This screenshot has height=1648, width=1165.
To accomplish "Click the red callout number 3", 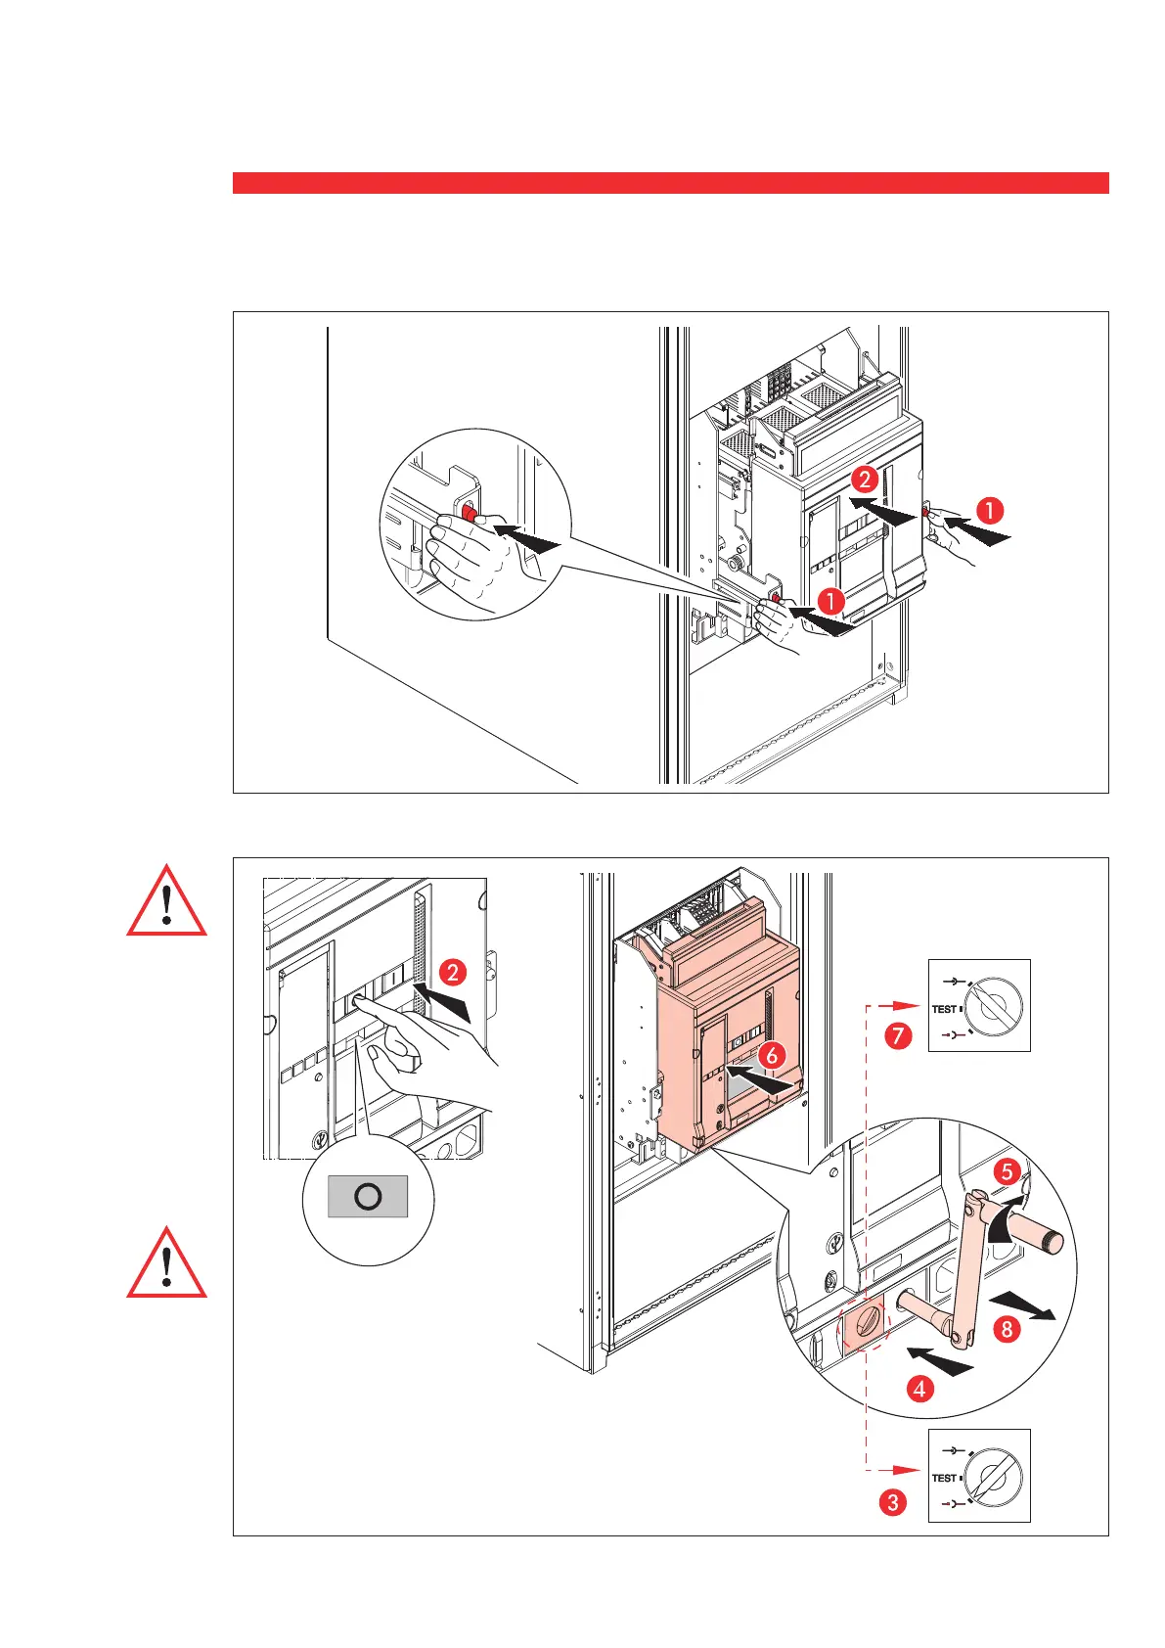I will pos(892,1501).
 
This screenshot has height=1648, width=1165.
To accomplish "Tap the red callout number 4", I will pos(918,1388).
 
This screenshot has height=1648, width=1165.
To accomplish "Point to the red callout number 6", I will pos(771,1056).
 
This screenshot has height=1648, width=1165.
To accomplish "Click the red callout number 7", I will pos(898,1036).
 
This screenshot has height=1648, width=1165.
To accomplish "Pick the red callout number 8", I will pos(1007,1327).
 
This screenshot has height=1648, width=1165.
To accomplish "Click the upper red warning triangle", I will pos(167,903).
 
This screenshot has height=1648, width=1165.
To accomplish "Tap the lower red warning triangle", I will pos(167,1265).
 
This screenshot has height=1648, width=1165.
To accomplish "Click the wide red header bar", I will pos(670,183).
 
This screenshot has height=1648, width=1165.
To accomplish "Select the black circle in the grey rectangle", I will pos(368,1196).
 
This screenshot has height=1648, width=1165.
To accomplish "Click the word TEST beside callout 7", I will pos(944,1009).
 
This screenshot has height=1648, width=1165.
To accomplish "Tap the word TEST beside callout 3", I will pos(944,1478).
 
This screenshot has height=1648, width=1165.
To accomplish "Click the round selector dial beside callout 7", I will pos(997,1005).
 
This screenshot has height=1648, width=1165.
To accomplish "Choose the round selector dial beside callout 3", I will pos(997,1475).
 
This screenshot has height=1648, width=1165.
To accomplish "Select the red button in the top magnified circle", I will pos(469,513).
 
